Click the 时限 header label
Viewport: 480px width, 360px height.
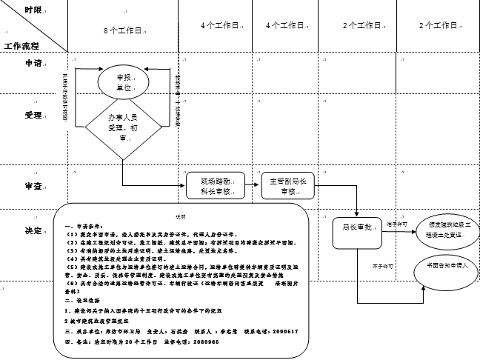tap(33, 10)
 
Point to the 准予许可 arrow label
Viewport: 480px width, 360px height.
tap(397, 223)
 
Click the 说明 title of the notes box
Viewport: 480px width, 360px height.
tap(181, 216)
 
